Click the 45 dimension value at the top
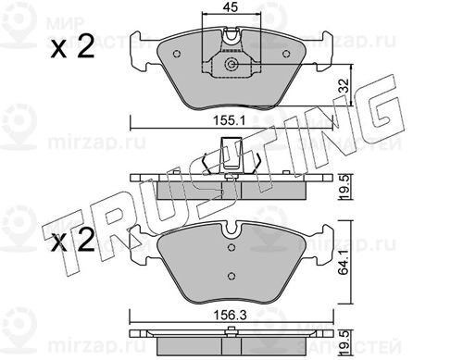[231, 7]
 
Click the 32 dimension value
[344, 86]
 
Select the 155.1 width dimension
[230, 120]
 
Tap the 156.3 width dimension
[231, 316]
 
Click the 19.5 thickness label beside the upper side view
[344, 187]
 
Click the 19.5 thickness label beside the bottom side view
[344, 342]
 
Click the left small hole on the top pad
[177, 54]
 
